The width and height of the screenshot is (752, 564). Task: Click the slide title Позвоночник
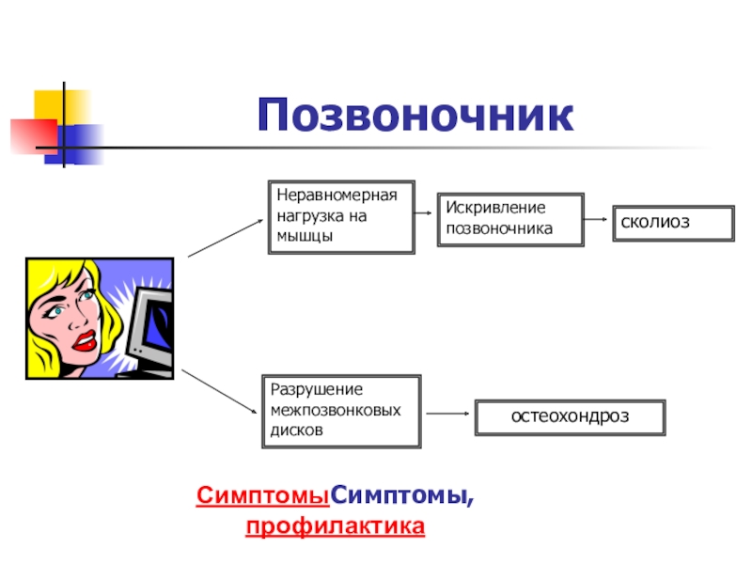pos(415,115)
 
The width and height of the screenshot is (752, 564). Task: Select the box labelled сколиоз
pos(672,223)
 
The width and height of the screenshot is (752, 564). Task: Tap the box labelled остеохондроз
pos(571,416)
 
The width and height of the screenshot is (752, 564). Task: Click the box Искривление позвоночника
pos(509,219)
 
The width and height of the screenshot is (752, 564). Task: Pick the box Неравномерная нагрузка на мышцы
pos(341,217)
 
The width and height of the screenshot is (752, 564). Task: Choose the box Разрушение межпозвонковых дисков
pos(341,411)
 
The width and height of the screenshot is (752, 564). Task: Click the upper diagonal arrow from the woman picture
pos(227,238)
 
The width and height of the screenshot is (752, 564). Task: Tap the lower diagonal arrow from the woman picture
pos(219,392)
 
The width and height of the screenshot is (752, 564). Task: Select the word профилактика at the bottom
pos(335,526)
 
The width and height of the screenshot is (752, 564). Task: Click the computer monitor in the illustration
pos(150,329)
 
